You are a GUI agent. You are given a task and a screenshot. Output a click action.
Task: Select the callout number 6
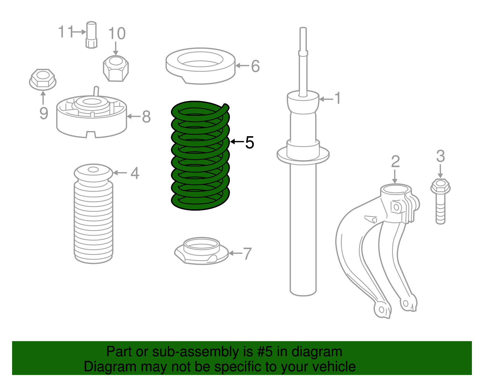coord(255,66)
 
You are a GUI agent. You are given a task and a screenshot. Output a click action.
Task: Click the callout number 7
coord(247,254)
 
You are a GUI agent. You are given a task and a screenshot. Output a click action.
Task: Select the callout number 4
coord(135,173)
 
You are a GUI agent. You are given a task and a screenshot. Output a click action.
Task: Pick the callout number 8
coord(146,117)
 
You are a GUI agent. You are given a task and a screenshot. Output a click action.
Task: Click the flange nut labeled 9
coord(43,79)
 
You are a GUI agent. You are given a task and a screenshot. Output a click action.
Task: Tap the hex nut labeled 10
coord(116,69)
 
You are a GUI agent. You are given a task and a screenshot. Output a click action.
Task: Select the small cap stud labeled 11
coord(91,35)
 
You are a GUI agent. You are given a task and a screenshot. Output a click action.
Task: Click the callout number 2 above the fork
coord(395,162)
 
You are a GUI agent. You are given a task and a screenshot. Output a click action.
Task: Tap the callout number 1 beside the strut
coord(337,98)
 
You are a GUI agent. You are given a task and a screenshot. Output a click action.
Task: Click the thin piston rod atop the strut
coord(303,61)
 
